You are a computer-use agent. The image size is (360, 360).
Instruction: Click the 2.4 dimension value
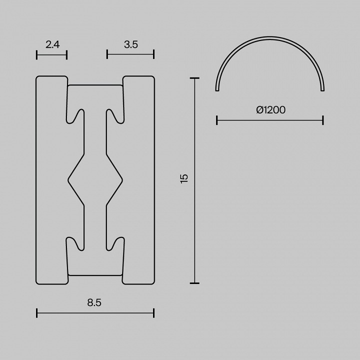52,44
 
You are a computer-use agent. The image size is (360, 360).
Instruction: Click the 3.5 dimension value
130,44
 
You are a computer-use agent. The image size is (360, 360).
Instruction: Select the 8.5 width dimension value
95,302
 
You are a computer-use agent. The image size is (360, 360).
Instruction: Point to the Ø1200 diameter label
270,110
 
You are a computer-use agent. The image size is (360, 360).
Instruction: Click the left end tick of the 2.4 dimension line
37,54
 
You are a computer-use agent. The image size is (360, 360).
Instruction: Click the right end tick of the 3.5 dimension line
153,54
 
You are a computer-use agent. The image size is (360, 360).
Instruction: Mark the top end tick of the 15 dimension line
194,78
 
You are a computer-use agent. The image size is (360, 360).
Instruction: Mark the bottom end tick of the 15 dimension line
194,283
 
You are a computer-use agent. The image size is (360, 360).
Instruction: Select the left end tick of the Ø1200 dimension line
216,120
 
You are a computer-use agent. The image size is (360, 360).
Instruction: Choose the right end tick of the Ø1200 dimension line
323,120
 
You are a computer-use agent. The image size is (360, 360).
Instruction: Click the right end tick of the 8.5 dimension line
153,313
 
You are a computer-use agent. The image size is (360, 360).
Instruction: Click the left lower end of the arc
217,90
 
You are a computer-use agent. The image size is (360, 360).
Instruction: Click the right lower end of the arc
322,90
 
